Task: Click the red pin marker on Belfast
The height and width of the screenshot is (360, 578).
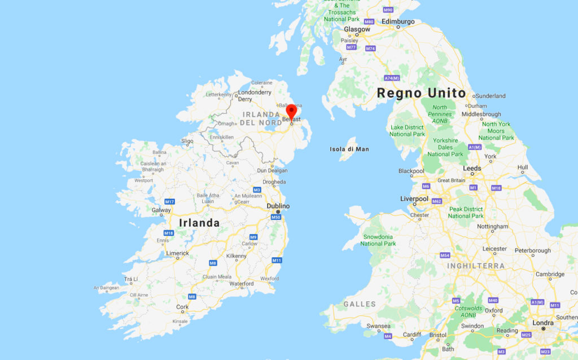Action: pyautogui.click(x=291, y=108)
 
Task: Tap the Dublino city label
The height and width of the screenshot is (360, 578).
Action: pyautogui.click(x=278, y=207)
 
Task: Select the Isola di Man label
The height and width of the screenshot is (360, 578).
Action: pyautogui.click(x=349, y=149)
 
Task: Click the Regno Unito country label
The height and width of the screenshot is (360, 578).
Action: pyautogui.click(x=421, y=93)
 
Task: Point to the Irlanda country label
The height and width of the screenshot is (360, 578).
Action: pyautogui.click(x=199, y=223)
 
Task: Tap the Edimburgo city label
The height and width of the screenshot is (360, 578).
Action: pyautogui.click(x=398, y=21)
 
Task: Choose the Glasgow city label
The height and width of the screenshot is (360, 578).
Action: pyautogui.click(x=357, y=29)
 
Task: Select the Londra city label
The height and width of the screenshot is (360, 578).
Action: pyautogui.click(x=543, y=323)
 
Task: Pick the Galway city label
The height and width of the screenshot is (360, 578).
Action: pyautogui.click(x=161, y=210)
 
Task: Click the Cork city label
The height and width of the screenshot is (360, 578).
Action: pyautogui.click(x=182, y=308)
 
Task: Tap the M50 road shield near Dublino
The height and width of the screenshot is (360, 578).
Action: pyautogui.click(x=275, y=217)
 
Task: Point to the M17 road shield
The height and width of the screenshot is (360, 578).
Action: pyautogui.click(x=169, y=201)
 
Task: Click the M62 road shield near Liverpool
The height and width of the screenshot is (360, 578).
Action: pyautogui.click(x=436, y=201)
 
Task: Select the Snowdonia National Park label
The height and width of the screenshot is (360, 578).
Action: pyautogui.click(x=378, y=240)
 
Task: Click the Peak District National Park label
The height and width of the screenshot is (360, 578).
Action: pyautogui.click(x=466, y=213)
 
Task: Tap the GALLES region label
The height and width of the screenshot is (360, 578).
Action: pyautogui.click(x=360, y=304)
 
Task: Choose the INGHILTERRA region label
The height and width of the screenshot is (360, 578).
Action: pyautogui.click(x=476, y=266)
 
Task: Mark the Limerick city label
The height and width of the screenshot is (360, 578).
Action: pyautogui.click(x=177, y=254)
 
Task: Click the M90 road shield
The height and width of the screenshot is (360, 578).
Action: pyautogui.click(x=388, y=10)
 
